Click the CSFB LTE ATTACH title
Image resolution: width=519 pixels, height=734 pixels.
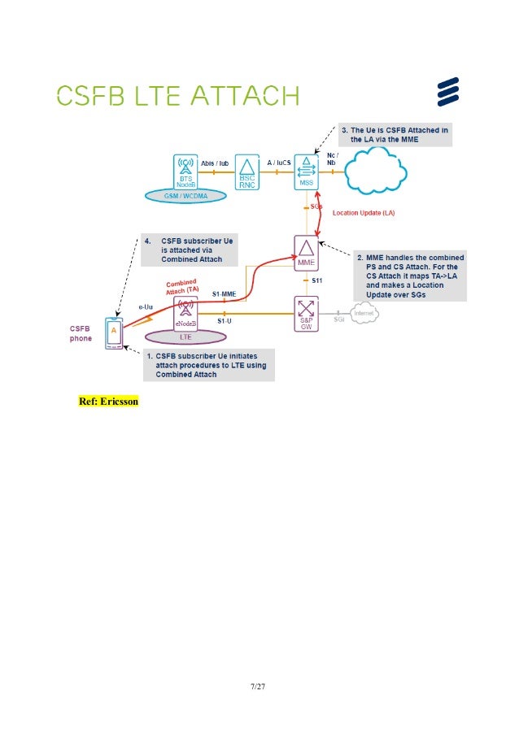tap(177, 97)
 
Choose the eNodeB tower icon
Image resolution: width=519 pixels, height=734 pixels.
tap(185, 312)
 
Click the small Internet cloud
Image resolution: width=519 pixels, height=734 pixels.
tap(367, 312)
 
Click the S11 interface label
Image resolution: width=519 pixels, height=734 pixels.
tap(321, 280)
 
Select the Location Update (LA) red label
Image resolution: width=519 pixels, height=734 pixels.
tap(363, 212)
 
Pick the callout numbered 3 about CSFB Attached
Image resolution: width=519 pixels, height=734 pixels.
tap(394, 134)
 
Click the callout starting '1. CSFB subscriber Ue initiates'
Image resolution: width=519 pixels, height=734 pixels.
tap(208, 365)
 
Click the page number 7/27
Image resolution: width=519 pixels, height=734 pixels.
tap(259, 687)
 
